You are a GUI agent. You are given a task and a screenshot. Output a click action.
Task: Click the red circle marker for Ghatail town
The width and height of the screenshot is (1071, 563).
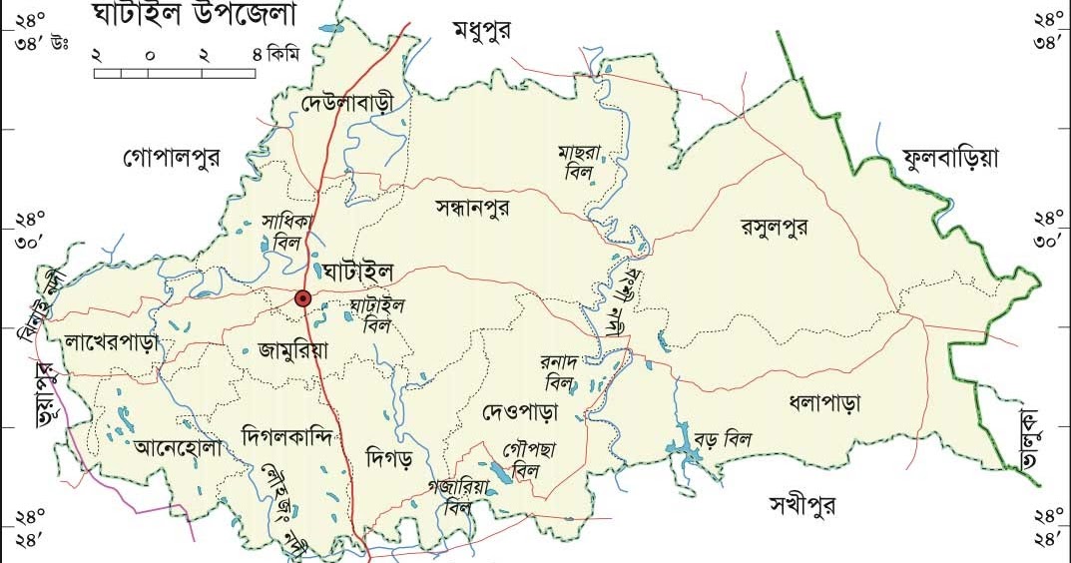click(x=303, y=297)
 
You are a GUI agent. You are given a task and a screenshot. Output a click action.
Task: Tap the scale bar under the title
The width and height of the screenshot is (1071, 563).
click(x=175, y=73)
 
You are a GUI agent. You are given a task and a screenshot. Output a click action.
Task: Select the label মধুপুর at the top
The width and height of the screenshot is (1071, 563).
click(x=481, y=31)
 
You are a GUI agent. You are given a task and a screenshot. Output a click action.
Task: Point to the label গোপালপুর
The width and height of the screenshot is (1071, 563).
click(x=172, y=157)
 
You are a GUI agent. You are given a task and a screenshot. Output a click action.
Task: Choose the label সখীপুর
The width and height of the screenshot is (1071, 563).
click(x=803, y=504)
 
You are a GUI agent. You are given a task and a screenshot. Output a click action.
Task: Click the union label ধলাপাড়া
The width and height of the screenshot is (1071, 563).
click(x=823, y=404)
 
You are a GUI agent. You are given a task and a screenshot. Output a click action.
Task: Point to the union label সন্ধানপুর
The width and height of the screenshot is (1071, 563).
click(x=473, y=209)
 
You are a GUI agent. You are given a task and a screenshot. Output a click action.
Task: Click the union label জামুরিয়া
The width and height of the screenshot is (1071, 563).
click(x=292, y=349)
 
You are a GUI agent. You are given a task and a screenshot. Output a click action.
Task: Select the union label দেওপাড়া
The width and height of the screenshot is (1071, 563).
click(x=520, y=411)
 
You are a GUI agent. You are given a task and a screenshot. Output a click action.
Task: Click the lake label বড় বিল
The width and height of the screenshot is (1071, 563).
click(x=723, y=439)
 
